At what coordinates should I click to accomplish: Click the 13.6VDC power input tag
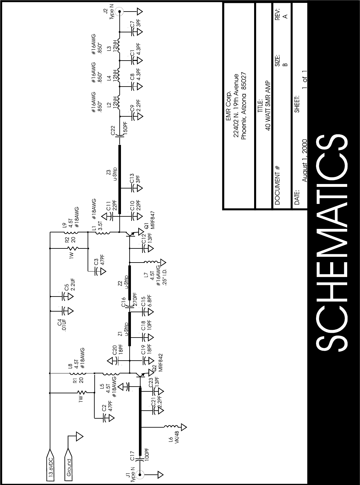pos(51,466)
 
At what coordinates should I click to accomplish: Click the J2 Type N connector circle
pos(119,12)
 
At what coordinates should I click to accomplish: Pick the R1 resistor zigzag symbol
pos(82,392)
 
